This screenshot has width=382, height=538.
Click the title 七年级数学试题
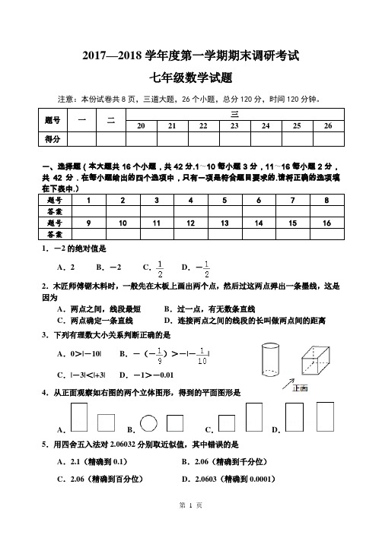tap(191, 78)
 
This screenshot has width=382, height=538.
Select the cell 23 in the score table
tap(235, 126)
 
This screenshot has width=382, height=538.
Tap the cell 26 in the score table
tap(328, 126)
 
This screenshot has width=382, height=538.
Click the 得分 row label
tap(53, 139)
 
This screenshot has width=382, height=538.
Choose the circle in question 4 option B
tap(149, 422)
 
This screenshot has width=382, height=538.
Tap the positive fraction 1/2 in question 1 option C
tap(160, 268)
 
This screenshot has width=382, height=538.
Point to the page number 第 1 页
tap(191, 527)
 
